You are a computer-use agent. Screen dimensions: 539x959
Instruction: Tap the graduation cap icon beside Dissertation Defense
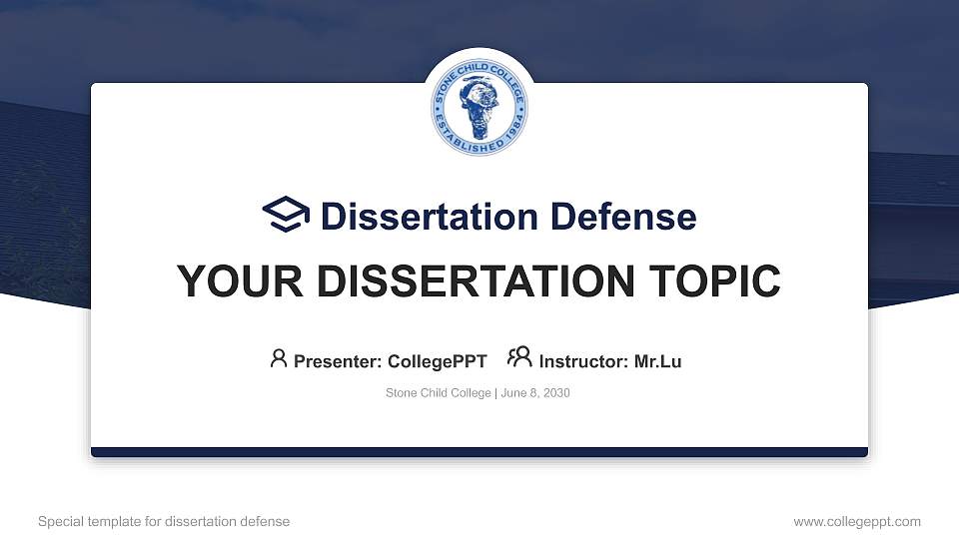tap(286, 215)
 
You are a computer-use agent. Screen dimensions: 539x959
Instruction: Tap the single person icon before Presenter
tap(279, 358)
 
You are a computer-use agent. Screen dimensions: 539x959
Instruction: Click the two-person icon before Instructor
tap(519, 357)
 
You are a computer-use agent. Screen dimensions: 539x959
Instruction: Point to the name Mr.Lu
tap(657, 361)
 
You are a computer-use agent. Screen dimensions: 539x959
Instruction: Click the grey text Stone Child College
tap(438, 393)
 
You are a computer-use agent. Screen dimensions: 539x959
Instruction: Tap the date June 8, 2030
tap(534, 393)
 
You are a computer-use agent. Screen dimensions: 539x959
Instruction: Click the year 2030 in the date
tap(555, 393)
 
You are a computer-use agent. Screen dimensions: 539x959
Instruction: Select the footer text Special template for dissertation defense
tap(164, 521)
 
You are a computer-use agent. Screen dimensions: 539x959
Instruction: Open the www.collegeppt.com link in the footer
tap(857, 521)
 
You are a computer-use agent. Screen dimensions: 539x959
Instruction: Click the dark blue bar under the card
tap(479, 452)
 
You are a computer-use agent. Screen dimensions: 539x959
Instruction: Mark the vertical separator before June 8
tap(494, 393)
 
